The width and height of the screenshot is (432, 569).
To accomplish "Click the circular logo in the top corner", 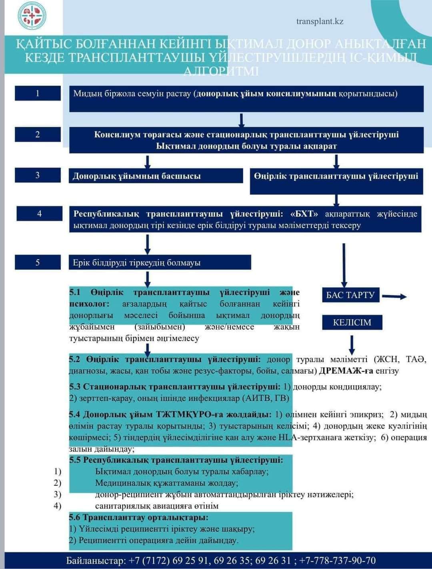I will (32, 16).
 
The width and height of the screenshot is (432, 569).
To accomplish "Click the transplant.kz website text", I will (320, 21).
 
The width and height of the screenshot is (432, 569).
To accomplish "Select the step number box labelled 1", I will (38, 93).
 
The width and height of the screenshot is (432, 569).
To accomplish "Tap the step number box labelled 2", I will (38, 134).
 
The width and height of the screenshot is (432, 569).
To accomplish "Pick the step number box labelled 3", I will (38, 175).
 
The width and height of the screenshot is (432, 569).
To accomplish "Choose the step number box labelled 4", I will (39, 213).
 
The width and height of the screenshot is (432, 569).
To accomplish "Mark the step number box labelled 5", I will (38, 262).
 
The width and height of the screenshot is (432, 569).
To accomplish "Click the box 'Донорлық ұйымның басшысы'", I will (156, 176).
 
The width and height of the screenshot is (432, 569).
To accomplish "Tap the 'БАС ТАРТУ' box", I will (350, 295).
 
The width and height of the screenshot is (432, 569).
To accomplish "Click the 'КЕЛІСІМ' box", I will (352, 322).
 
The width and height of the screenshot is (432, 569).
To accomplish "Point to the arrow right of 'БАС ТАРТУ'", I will (394, 296).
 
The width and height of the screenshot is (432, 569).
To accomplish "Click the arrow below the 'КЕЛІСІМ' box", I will (352, 344).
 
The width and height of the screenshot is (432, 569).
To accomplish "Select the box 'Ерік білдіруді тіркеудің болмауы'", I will (160, 263).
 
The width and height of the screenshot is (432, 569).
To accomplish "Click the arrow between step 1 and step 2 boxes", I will (241, 119).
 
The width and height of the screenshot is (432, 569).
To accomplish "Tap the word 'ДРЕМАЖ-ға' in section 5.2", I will (346, 371).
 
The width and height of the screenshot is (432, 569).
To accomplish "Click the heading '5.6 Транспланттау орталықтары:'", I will (139, 517).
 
